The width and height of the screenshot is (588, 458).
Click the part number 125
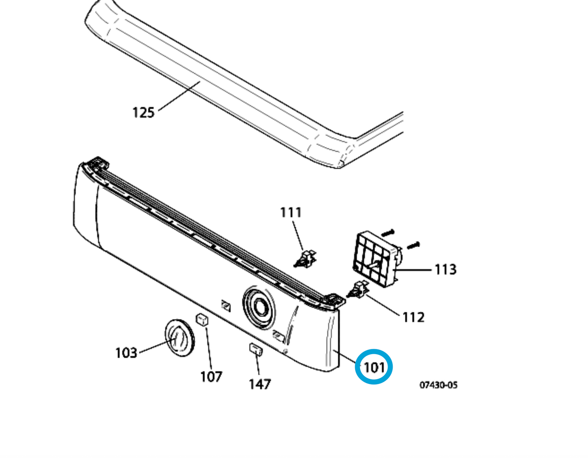[143, 112]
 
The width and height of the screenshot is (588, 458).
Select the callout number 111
[291, 212]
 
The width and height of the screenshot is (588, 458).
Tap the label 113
[446, 270]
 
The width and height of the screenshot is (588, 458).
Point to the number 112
[413, 317]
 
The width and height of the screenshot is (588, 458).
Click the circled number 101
[374, 367]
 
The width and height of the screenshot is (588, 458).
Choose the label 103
[126, 353]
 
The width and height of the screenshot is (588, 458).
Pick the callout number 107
[211, 377]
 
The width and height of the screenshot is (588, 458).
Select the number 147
[260, 384]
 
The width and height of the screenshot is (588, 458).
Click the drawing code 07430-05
[439, 385]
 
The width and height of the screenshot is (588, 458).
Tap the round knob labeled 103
[179, 337]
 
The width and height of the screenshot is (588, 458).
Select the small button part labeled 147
[256, 349]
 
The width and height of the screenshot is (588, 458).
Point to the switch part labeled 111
[306, 259]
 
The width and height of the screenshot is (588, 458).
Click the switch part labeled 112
[358, 289]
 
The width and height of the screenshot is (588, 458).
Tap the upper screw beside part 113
[388, 232]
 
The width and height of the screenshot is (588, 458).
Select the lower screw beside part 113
[413, 245]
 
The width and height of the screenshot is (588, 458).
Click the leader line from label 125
[179, 96]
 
